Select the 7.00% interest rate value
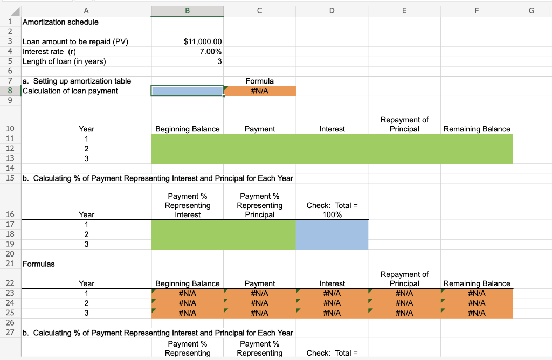coord(210,52)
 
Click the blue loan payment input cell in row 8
coord(187,91)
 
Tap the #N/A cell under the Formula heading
coord(260,91)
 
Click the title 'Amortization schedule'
coord(60,22)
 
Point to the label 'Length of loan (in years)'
coord(64,61)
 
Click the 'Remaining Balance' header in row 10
coord(477,129)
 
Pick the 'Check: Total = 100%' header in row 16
coord(332,210)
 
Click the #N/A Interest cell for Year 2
coord(332,303)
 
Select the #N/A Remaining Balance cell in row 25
coord(477,313)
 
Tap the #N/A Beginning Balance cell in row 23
coord(187,293)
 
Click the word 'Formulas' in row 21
coord(38,264)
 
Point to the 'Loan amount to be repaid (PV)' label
coord(75,41)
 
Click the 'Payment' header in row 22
coord(260,283)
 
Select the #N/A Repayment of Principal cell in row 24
coord(404,303)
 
